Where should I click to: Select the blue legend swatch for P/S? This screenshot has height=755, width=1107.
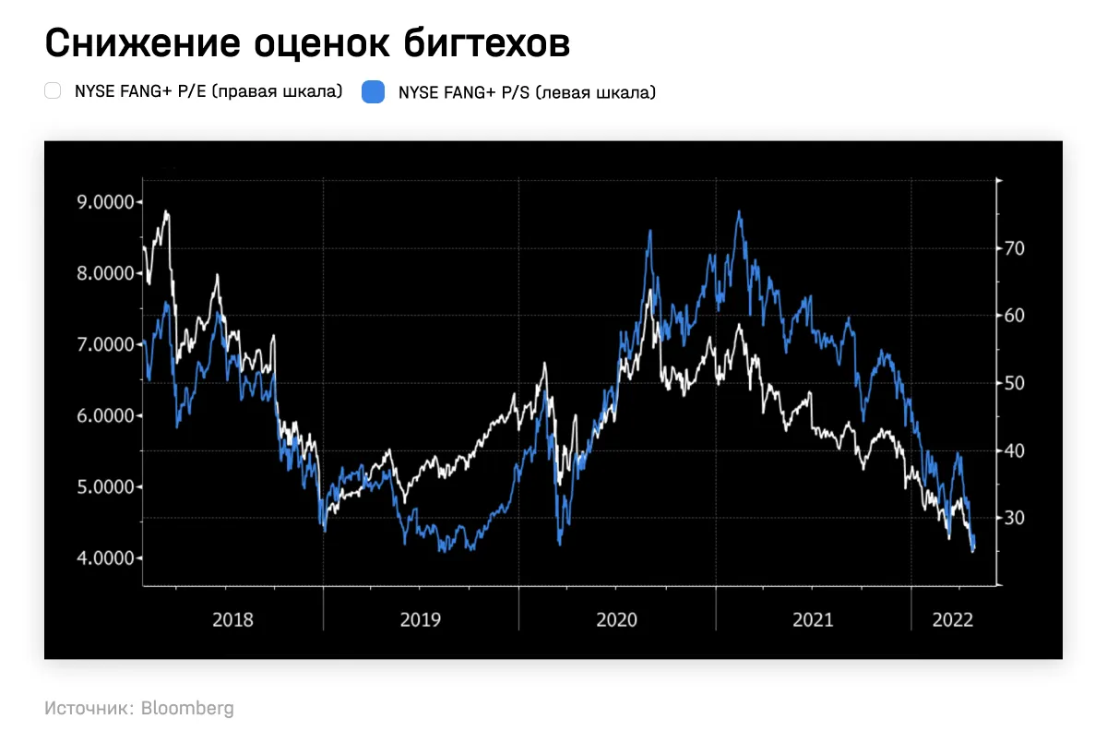(x=373, y=91)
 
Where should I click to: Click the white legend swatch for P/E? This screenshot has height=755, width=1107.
(x=54, y=91)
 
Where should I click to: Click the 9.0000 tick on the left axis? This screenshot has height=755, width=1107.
(x=101, y=202)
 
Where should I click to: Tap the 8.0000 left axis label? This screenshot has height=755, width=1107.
(x=101, y=273)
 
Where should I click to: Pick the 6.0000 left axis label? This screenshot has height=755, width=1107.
(x=101, y=415)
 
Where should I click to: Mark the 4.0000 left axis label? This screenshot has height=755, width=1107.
(x=101, y=557)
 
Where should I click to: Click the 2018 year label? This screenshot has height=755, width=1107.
(x=232, y=619)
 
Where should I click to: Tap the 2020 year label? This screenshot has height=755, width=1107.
(x=616, y=619)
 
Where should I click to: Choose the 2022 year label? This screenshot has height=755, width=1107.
(x=953, y=619)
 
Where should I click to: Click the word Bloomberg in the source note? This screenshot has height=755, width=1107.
(x=187, y=709)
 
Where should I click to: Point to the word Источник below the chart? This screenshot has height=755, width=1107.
(x=87, y=709)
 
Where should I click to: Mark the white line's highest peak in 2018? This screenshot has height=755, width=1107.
(x=166, y=212)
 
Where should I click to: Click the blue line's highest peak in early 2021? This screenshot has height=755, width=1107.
(x=739, y=212)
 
